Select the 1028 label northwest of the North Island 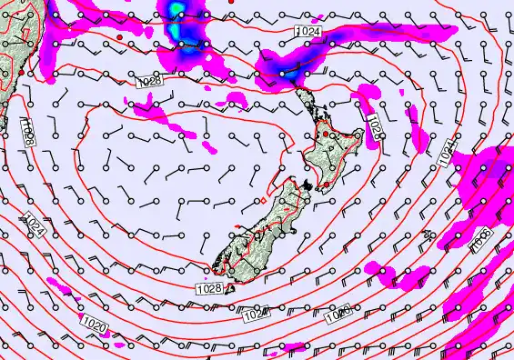pos(150,82)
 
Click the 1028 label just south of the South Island pos(208,288)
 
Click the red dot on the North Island pos(325,134)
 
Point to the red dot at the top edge pos(230,2)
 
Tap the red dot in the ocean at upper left pos(119,36)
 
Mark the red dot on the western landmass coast pos(20,71)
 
